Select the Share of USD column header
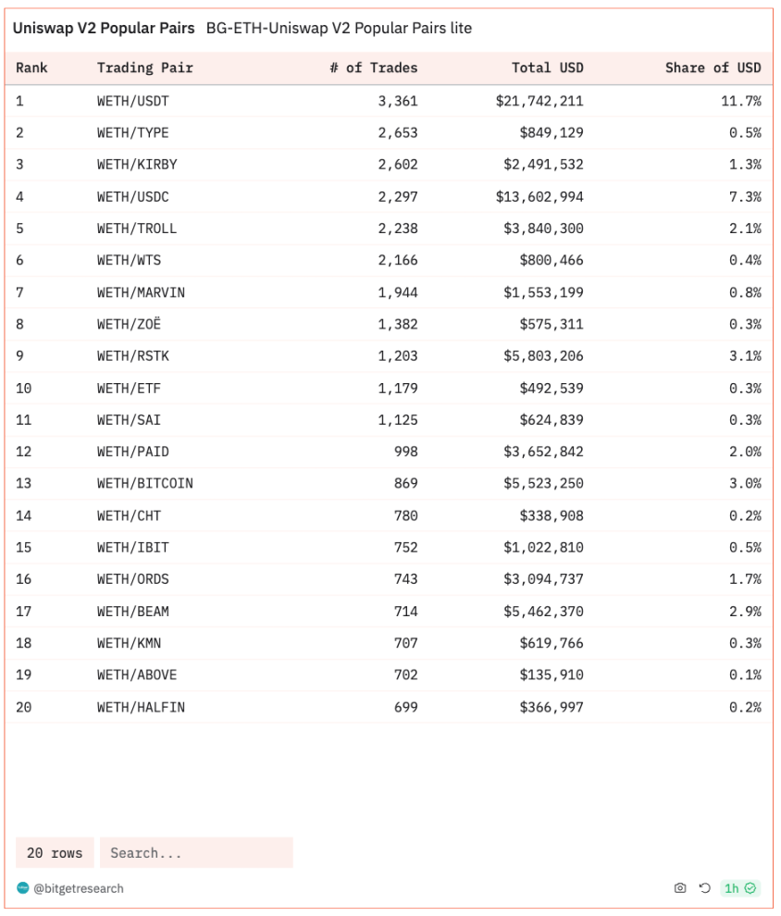(713, 68)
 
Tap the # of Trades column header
(373, 68)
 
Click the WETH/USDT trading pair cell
(133, 101)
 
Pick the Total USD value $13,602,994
(543, 197)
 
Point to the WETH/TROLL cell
(137, 229)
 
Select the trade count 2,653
(398, 132)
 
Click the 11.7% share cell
(741, 101)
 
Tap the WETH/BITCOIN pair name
(145, 484)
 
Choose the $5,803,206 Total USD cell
(543, 356)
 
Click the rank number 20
(24, 708)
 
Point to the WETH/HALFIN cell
(141, 708)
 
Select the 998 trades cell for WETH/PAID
(404, 452)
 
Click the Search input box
(196, 853)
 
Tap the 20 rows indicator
(55, 853)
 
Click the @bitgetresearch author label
(78, 888)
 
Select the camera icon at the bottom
(680, 888)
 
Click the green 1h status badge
(740, 888)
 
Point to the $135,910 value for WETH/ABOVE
(552, 675)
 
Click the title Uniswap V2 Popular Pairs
(104, 29)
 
